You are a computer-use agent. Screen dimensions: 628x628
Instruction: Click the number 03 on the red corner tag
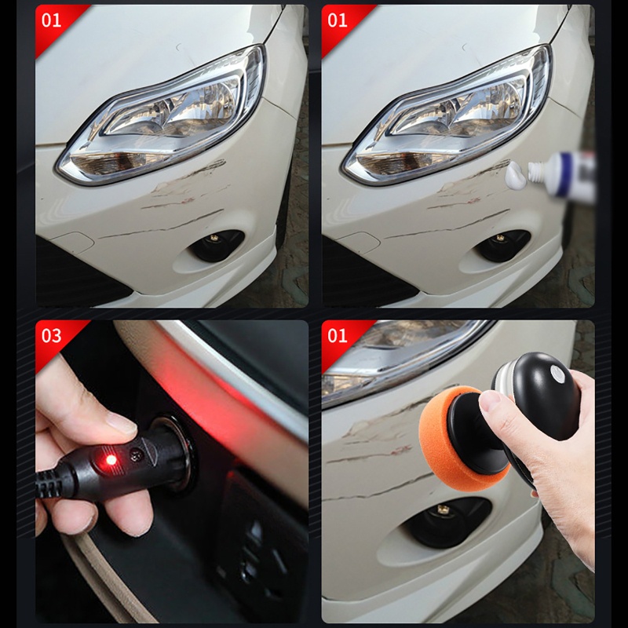[51, 336]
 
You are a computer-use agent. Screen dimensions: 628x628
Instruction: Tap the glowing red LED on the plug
[111, 460]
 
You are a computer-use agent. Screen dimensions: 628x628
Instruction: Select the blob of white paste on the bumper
[516, 175]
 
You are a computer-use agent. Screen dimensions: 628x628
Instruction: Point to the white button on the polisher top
[557, 372]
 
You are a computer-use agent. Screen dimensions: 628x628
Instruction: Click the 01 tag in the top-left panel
[51, 20]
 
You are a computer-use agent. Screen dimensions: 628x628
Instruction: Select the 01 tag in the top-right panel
[338, 20]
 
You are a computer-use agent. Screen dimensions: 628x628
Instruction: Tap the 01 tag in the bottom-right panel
[338, 336]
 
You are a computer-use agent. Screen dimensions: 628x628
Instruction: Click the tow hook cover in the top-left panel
[74, 243]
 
